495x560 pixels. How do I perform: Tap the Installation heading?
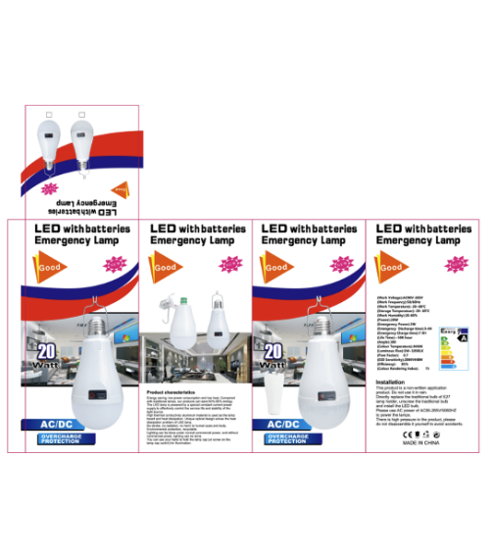tap(390, 382)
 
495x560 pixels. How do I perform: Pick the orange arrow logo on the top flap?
tap(116, 184)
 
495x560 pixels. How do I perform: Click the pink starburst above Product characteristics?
tap(230, 264)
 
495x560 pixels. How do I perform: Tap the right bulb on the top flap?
tap(82, 146)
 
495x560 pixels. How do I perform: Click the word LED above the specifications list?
tap(389, 228)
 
